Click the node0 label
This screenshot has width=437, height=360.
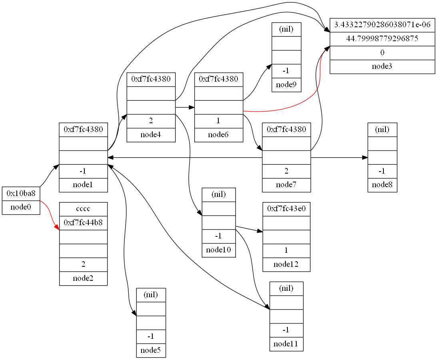coord(21,208)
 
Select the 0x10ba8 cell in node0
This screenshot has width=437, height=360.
coord(21,194)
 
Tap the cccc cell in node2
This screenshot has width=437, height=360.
coord(83,209)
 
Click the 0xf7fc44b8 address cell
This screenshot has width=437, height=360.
coord(83,222)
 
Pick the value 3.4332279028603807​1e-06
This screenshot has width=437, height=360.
coord(382,25)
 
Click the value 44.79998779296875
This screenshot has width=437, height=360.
coord(382,39)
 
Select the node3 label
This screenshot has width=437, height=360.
coord(382,66)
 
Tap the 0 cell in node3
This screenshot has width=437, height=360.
coord(382,52)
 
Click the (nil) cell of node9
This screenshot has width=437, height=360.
coord(286,29)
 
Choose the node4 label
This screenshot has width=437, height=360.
coord(151,135)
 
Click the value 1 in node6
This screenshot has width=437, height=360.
coord(219,121)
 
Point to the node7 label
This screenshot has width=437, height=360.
coord(286,185)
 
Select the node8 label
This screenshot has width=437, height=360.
coord(382,185)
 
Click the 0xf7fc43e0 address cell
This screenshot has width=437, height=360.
coord(286,209)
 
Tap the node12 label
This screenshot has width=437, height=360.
coord(286,264)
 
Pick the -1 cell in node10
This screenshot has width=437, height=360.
coord(219,236)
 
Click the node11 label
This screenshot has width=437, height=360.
coord(286,344)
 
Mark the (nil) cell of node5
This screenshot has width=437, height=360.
coord(151,295)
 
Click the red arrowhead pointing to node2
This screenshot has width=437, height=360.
coord(57,228)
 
